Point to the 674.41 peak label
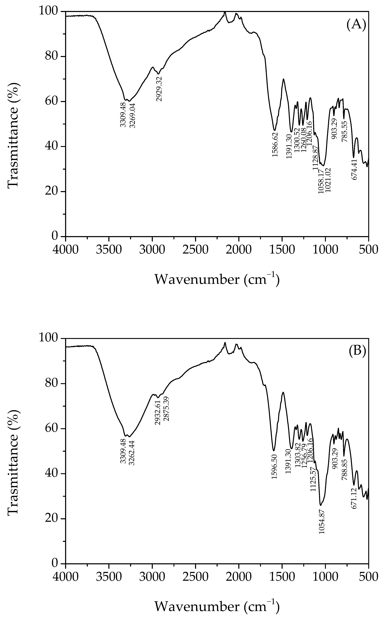(354, 170)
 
